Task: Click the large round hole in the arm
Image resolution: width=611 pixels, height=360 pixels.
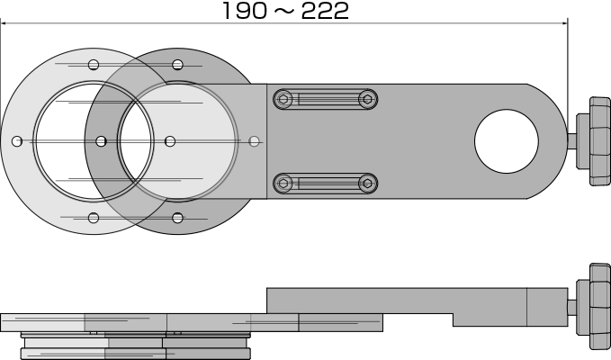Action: pos(507,141)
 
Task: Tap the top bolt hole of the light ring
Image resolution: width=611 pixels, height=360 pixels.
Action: pos(94,65)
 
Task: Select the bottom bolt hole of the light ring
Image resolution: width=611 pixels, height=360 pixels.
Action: pos(94,218)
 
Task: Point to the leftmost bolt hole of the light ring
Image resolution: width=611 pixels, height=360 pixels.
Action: pos(17,141)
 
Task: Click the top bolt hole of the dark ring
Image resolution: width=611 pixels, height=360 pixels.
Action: pos(177,65)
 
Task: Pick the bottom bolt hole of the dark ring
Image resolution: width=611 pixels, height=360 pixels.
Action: pos(177,218)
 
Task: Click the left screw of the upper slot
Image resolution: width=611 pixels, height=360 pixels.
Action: pos(283,99)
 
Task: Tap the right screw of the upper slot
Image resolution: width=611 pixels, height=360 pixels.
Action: pos(367,99)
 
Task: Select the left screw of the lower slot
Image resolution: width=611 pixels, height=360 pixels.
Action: pos(283,184)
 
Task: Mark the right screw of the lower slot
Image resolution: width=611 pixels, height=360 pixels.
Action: pos(367,184)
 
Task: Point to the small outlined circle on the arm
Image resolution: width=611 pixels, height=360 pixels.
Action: pos(255,141)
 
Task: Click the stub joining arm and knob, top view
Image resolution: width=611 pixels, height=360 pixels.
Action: pos(571,141)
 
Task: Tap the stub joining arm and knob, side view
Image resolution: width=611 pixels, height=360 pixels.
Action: pos(571,307)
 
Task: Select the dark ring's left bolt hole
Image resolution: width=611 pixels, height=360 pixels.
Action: pos(101,141)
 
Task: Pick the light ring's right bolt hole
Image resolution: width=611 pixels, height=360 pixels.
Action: pos(170,141)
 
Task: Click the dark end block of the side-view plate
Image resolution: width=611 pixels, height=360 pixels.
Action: pos(340,322)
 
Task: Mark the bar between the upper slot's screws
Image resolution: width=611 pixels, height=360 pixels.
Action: pos(326,99)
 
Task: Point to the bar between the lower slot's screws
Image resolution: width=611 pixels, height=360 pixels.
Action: pos(326,184)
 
